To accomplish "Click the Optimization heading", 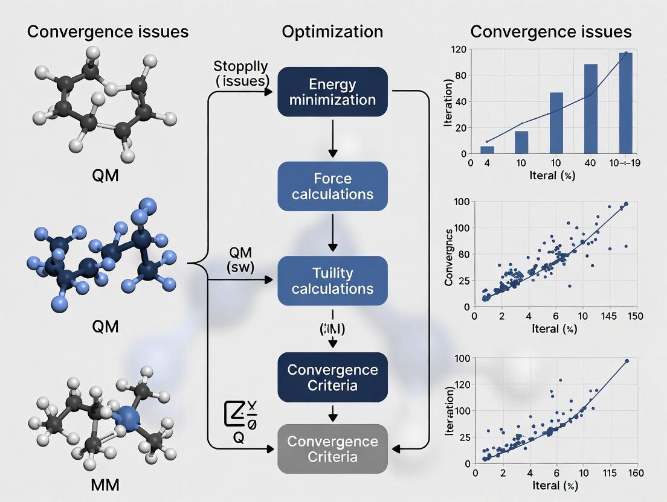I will point(332,31).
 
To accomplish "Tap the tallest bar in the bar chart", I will point(625,103).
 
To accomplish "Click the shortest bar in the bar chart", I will point(487,150).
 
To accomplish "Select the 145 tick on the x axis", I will point(609,316).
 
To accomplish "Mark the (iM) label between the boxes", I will point(331,329).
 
